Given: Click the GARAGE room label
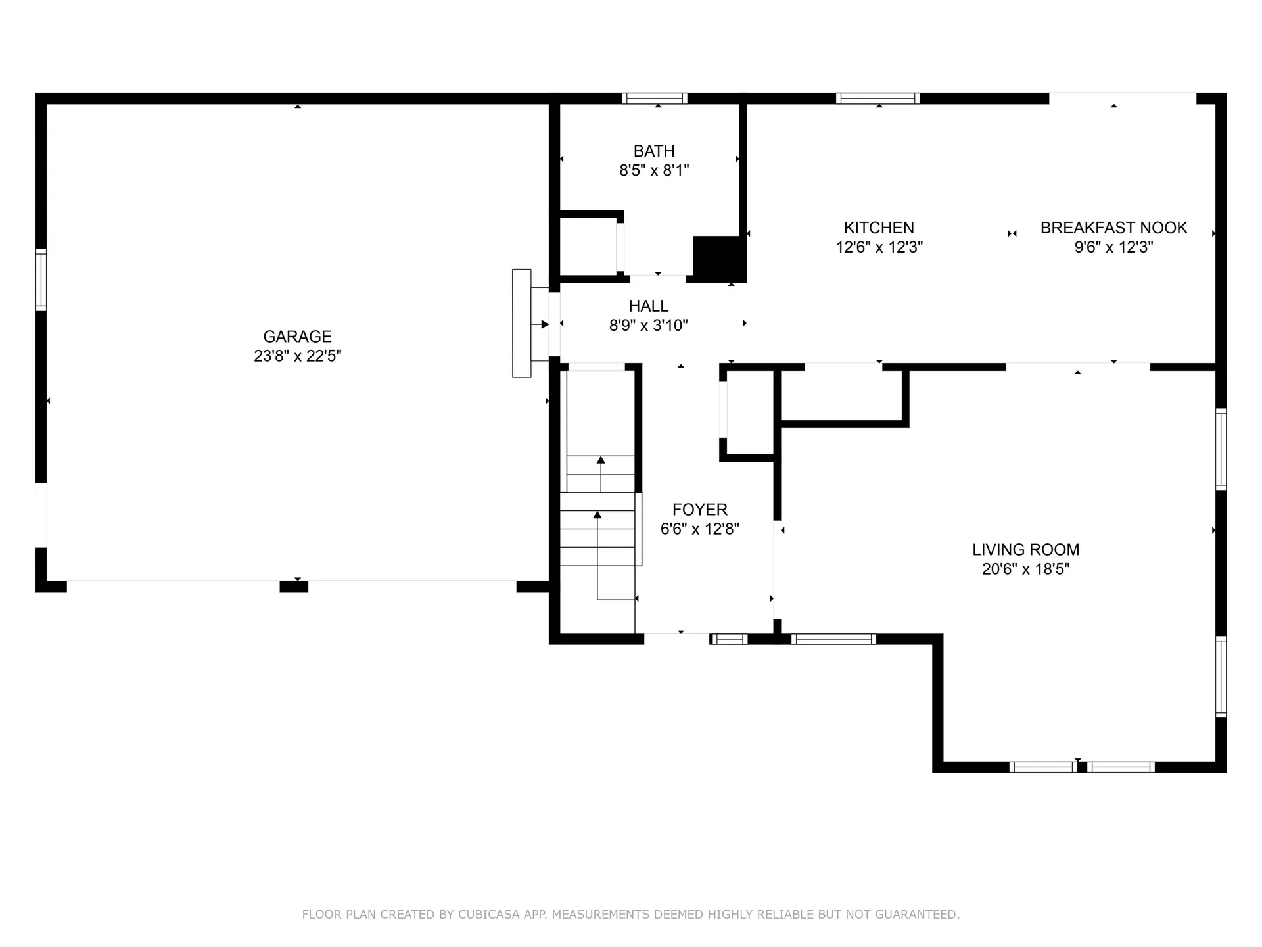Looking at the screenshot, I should [297, 337].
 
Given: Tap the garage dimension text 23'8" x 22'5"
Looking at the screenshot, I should [297, 356].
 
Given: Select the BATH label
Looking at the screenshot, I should [654, 151].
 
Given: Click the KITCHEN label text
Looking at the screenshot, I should [879, 228].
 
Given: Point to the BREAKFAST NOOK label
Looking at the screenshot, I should [1113, 228].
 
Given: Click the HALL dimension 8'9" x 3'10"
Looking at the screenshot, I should [648, 325].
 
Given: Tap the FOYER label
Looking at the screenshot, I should [699, 510].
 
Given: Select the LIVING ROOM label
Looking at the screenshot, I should [1025, 550].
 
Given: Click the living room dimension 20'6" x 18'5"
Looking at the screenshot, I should [1025, 569].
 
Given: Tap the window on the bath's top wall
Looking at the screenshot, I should [655, 99].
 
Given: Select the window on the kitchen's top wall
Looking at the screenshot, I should [877, 99].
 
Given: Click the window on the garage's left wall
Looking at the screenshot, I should [41, 279].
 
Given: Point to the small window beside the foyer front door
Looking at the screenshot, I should [728, 639].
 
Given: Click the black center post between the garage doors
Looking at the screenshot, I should [294, 587].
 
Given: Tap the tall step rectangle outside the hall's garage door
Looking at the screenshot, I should [521, 323].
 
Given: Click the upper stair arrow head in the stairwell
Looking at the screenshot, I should [601, 460].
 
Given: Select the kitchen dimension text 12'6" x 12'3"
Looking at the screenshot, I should [879, 247].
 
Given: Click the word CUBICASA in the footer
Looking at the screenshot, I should [488, 914].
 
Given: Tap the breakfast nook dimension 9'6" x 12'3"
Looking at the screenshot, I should [1113, 247].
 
